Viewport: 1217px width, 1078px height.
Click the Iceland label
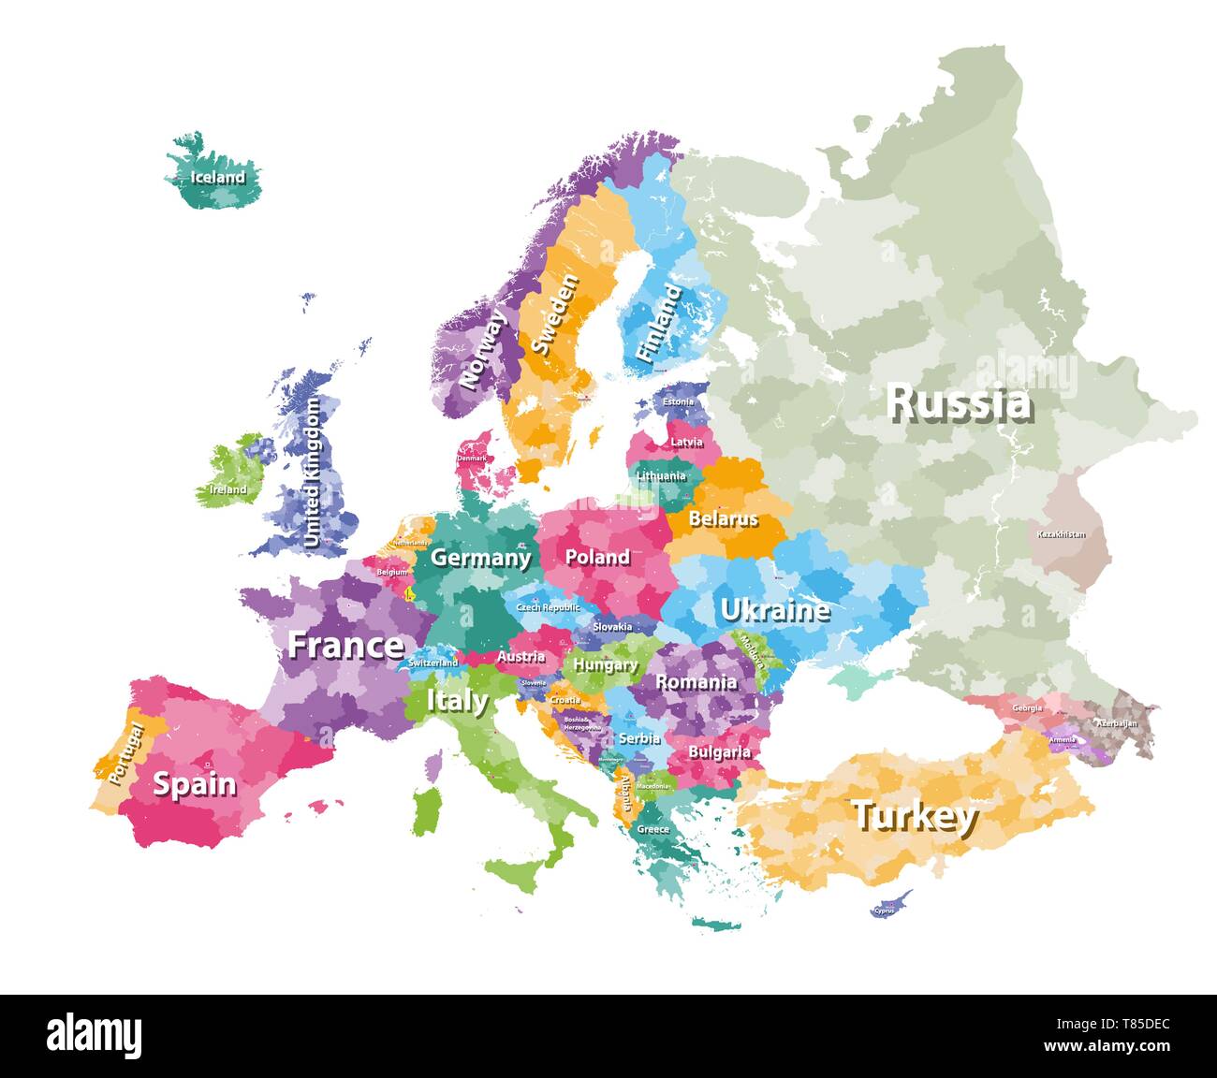[x=217, y=177]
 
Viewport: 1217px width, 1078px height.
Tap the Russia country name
[x=960, y=402]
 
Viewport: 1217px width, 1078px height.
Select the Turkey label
[x=914, y=816]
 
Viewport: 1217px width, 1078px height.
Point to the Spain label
[x=195, y=783]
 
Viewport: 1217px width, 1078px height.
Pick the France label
[x=345, y=645]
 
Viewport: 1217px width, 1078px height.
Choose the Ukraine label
[x=774, y=610]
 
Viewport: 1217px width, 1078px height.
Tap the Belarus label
[x=723, y=517]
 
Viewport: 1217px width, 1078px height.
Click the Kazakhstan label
[x=1061, y=534]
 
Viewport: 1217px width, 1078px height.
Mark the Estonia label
[x=678, y=402]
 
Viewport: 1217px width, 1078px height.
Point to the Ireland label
[x=228, y=488]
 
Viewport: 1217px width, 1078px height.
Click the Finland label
[x=659, y=324]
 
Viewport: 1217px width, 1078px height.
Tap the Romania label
[x=695, y=682]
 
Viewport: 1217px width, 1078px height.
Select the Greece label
[x=652, y=829]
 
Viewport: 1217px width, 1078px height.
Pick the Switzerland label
[x=433, y=663]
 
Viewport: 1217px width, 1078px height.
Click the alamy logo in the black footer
[x=95, y=1035]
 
